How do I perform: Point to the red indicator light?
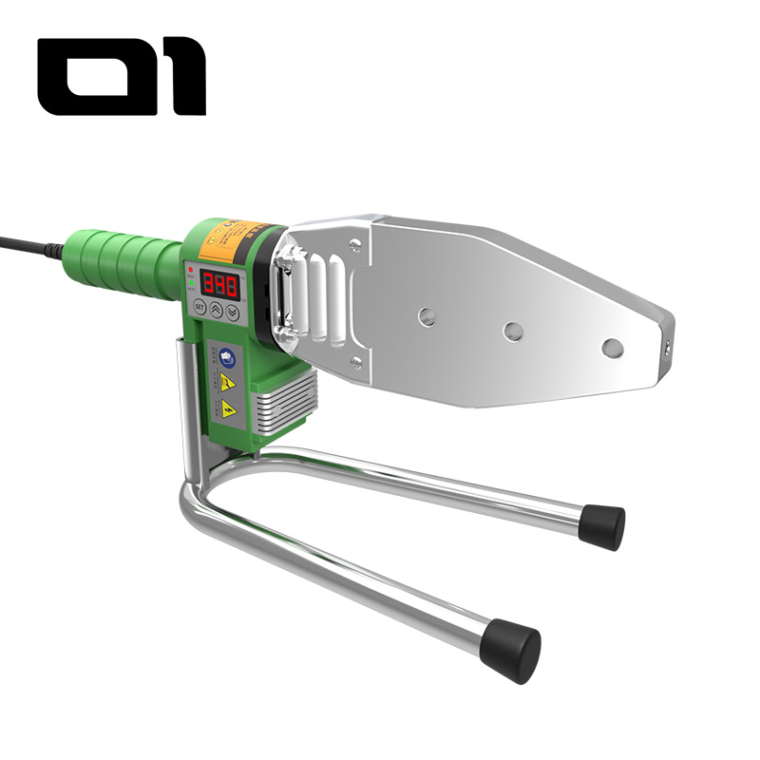pyautogui.click(x=190, y=270)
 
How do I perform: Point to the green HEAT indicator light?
pyautogui.click(x=190, y=282)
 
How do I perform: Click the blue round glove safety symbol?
pyautogui.click(x=228, y=357)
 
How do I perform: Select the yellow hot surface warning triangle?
pyautogui.click(x=228, y=383)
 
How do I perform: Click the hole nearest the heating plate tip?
pyautogui.click(x=613, y=347)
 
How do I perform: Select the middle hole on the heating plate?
pyautogui.click(x=514, y=332)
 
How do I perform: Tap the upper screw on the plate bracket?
pyautogui.click(x=355, y=245)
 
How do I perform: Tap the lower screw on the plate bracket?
pyautogui.click(x=355, y=362)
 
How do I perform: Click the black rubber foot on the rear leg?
pyautogui.click(x=604, y=524)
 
